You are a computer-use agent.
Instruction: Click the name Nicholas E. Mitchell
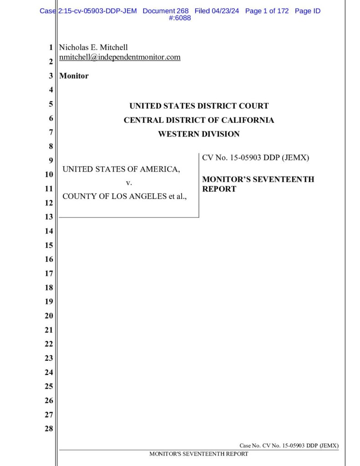(x=94, y=47)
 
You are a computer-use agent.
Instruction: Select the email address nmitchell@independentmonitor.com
(x=120, y=57)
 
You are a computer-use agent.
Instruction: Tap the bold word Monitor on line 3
(x=74, y=76)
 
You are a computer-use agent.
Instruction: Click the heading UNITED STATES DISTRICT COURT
(x=199, y=106)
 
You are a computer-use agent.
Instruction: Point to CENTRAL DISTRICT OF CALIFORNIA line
(x=199, y=120)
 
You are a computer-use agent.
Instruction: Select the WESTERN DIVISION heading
(x=198, y=134)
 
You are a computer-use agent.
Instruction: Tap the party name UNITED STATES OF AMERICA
(x=121, y=169)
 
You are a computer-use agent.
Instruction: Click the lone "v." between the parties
(x=128, y=183)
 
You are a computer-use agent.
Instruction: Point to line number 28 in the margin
(x=49, y=429)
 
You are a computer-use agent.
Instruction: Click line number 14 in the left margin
(x=49, y=231)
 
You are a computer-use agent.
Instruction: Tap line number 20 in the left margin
(x=49, y=316)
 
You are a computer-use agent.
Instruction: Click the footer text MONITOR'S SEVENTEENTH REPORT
(x=199, y=454)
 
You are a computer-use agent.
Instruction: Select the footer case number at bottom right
(x=289, y=446)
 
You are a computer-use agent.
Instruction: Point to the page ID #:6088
(x=180, y=18)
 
